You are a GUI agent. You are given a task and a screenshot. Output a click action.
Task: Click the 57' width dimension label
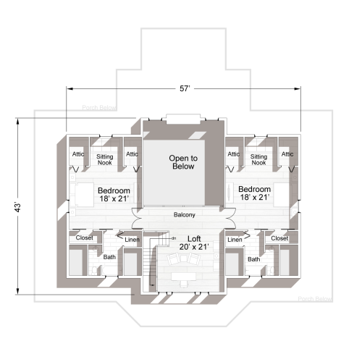[185, 88]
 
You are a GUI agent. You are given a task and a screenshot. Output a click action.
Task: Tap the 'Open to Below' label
[183, 162]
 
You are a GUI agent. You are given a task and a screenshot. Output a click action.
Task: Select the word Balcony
[185, 215]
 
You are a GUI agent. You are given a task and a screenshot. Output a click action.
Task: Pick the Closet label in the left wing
[85, 238]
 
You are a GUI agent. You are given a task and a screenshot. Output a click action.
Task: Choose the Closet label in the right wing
[279, 238]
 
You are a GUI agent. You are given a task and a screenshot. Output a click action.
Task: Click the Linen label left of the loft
[132, 240]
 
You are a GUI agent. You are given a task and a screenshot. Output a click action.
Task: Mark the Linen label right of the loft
[234, 240]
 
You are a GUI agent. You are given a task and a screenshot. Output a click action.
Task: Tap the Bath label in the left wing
[109, 256]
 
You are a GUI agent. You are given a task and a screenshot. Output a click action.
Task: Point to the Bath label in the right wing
[254, 259]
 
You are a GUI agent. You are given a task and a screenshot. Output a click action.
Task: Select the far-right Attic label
[287, 154]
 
